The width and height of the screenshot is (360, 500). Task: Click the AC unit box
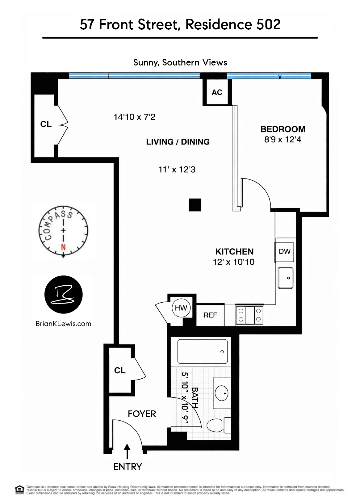point(217,92)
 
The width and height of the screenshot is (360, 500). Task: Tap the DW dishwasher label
point(284,251)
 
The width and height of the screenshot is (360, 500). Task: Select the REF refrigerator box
point(210,315)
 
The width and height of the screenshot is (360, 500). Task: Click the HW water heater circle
point(181,308)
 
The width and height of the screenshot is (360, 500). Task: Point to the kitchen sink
point(286,278)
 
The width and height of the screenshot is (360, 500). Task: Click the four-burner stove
point(250,315)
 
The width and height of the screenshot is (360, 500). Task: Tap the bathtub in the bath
point(203,351)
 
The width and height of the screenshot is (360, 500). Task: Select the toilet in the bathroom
point(218,425)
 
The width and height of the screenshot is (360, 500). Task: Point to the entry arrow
point(127,451)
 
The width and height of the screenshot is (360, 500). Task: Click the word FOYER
point(142,414)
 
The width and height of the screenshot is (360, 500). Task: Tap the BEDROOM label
point(283,129)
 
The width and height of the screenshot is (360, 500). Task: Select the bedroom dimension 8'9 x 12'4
point(283,140)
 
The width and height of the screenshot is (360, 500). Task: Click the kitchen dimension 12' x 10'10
point(234,262)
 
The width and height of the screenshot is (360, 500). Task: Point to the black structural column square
point(195,205)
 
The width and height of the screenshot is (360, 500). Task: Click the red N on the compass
point(63,247)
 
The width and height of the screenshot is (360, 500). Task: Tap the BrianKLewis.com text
point(63,324)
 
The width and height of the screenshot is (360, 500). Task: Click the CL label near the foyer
point(120,370)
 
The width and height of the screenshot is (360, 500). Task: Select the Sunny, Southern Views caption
point(180,62)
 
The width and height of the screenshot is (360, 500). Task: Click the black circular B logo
point(64,294)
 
